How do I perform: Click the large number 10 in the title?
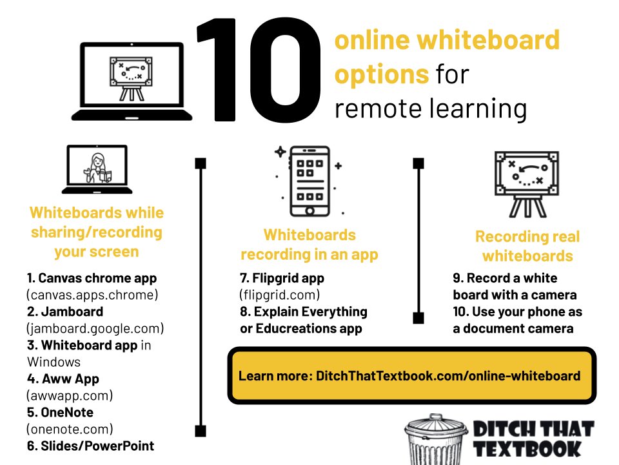click(x=258, y=71)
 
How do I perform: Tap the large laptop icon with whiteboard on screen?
click(x=132, y=81)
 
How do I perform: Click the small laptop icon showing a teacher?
click(x=97, y=169)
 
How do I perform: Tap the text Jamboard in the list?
click(x=71, y=311)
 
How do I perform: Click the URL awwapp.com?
click(x=70, y=395)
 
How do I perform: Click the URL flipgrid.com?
click(x=280, y=295)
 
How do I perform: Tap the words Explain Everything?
click(x=310, y=312)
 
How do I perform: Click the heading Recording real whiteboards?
click(x=527, y=246)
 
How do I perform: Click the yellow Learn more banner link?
click(x=409, y=376)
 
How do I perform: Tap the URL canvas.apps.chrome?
click(x=92, y=295)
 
